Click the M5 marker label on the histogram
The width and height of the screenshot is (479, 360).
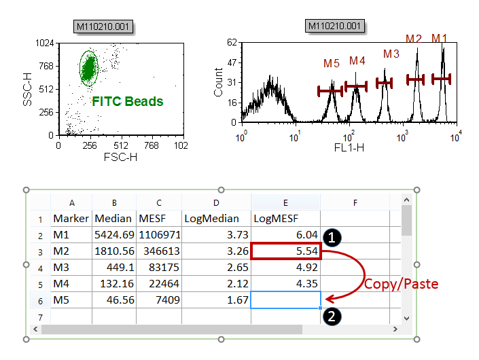point(332,64)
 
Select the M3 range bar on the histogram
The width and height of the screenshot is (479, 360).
point(385,83)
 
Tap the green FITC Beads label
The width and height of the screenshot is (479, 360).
point(128,101)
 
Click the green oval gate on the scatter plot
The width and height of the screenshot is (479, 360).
point(90,68)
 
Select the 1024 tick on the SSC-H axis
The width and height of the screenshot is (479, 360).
point(45,43)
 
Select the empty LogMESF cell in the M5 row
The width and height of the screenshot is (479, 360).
point(285,300)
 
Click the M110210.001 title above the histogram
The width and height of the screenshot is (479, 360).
point(336,26)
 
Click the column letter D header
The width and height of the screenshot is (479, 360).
point(216,202)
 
